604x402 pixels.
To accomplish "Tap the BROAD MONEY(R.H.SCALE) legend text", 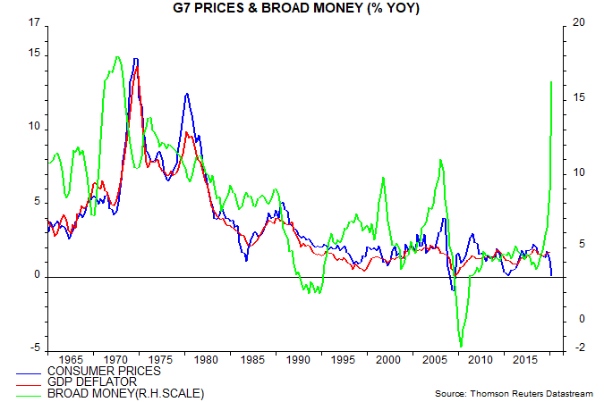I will [125, 392].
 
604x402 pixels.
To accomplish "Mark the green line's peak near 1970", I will [117, 57].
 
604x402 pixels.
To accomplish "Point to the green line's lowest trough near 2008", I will [461, 346].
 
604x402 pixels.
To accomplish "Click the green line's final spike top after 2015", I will [551, 81].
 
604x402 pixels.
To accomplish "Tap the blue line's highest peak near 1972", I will [135, 59].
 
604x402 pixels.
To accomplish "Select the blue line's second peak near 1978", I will [187, 94].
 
